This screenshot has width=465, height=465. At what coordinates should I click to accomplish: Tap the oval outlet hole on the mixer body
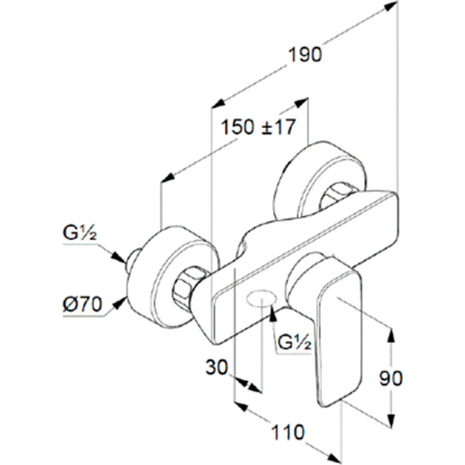[260, 298]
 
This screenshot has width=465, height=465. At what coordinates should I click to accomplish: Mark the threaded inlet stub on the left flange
[129, 260]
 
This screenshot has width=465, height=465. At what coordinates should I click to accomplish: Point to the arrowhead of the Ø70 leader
[123, 298]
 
